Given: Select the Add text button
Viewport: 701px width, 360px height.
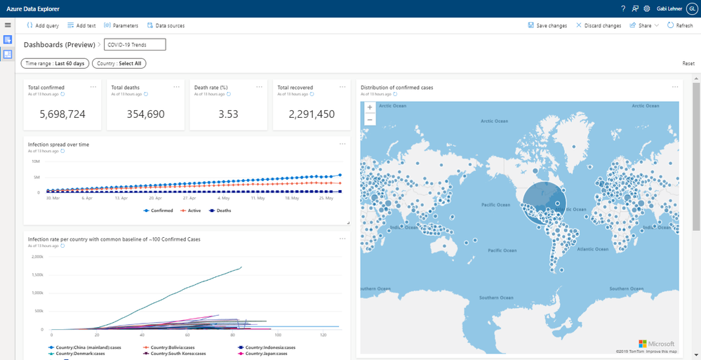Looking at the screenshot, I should (81, 25).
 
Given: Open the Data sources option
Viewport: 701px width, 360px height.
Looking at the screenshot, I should (166, 25).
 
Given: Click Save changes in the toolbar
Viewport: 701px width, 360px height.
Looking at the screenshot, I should (547, 25).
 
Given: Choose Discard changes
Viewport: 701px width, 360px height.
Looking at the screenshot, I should (598, 25).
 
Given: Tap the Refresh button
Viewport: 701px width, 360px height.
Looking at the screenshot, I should (680, 25).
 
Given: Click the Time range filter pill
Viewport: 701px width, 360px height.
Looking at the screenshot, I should (55, 63).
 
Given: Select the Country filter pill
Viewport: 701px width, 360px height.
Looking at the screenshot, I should (119, 63).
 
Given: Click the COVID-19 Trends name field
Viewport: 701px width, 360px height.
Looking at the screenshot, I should (135, 45).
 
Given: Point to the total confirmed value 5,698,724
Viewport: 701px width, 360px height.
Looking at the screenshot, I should (62, 114).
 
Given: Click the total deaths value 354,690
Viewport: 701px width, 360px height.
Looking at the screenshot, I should (145, 114).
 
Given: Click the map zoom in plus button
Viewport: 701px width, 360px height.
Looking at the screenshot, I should (370, 108).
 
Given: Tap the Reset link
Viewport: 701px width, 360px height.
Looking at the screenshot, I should (688, 63).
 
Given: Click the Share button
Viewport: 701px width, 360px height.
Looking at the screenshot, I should (644, 25).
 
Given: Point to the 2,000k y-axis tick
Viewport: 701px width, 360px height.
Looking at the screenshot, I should (37, 256).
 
